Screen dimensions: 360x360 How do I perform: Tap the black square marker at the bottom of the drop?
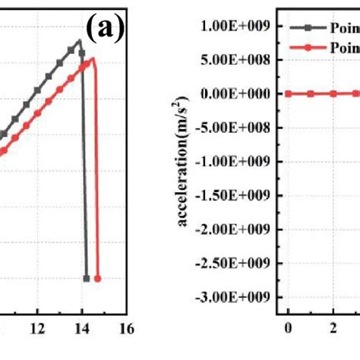click(86, 279)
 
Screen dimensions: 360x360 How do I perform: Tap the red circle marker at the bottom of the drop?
click(97, 279)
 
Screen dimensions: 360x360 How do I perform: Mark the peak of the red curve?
click(92, 58)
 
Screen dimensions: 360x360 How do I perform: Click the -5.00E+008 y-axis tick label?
click(235, 127)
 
